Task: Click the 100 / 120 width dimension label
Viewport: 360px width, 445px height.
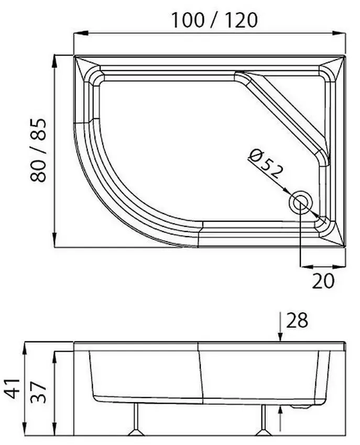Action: coord(214,20)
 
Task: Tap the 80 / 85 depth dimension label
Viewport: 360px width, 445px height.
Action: coord(38,150)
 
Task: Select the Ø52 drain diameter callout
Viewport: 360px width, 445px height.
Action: coord(265,164)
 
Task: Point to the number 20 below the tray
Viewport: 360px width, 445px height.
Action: coord(323,281)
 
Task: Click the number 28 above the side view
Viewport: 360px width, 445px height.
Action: coord(297,320)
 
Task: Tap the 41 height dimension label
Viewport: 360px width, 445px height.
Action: coord(12,388)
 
